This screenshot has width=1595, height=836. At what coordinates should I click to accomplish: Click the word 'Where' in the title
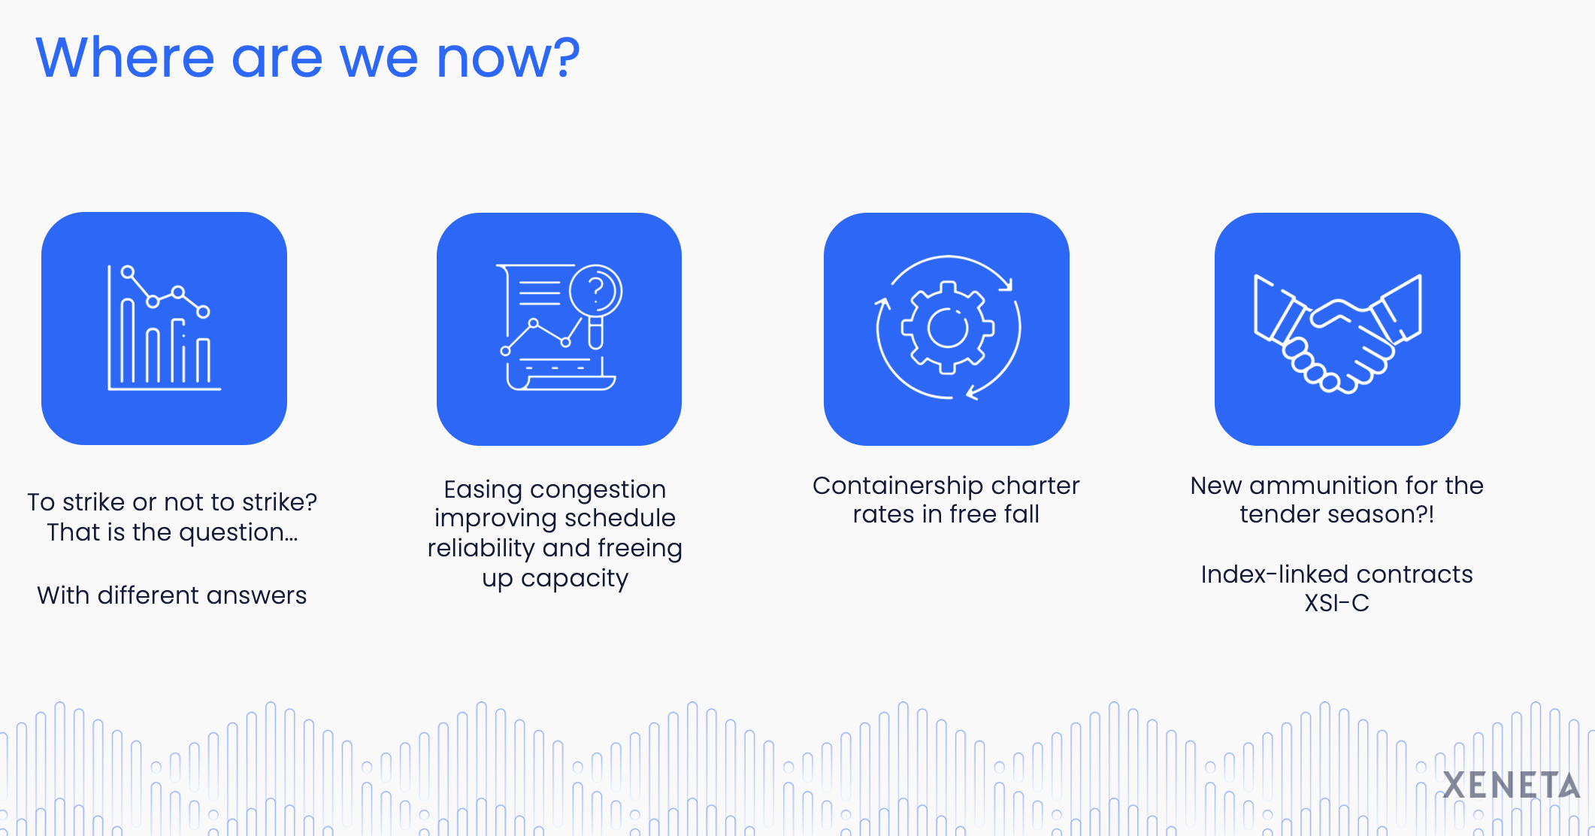126,58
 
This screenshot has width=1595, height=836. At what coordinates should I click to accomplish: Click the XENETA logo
1512,786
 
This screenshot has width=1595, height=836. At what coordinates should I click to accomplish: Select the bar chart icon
165,328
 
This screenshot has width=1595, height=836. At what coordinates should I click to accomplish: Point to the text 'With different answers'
172,595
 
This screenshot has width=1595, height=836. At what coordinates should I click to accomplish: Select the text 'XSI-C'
1337,603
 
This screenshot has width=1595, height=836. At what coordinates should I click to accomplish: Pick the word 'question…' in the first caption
238,533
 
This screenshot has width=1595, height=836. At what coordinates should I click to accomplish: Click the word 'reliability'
481,549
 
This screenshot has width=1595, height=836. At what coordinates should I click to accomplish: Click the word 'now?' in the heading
508,58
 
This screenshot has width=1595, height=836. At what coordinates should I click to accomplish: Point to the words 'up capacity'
555,579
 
